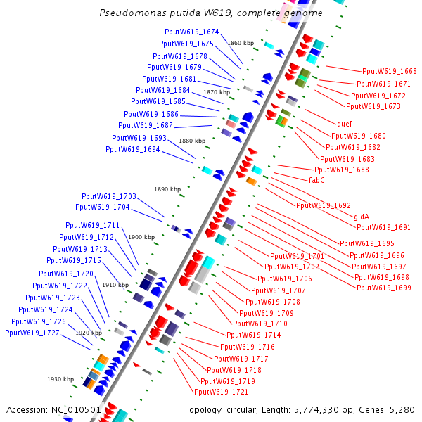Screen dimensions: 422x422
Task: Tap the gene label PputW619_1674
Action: (x=191, y=32)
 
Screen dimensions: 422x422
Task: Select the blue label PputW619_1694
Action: (x=133, y=149)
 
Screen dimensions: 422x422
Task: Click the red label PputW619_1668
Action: (x=389, y=71)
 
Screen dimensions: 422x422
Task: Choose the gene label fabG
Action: (x=316, y=180)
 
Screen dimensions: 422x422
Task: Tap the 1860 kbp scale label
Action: (x=241, y=43)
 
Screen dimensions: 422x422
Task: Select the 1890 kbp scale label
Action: (x=167, y=189)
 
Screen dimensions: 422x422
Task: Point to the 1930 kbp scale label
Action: (x=60, y=379)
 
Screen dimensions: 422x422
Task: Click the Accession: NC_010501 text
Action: (x=53, y=409)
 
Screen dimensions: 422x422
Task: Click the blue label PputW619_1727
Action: (x=32, y=333)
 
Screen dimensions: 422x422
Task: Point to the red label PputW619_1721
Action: (x=221, y=392)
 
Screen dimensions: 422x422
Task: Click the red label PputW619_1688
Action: (x=341, y=170)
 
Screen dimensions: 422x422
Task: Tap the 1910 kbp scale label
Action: (x=115, y=285)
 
